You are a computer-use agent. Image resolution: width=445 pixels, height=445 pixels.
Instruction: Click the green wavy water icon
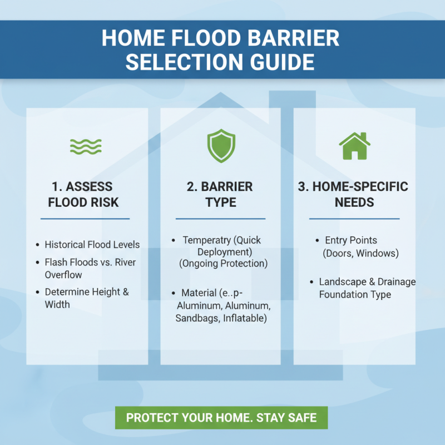pos(86,146)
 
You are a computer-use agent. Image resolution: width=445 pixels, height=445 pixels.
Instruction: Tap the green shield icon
pos(221,146)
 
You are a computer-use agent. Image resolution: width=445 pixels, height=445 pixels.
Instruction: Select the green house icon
pos(354,146)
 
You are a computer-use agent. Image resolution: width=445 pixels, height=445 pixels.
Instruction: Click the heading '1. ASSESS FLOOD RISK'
pos(83,194)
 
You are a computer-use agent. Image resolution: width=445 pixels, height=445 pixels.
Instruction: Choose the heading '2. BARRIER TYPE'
pos(220,194)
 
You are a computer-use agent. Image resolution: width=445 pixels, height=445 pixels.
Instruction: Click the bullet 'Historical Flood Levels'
pos(92,245)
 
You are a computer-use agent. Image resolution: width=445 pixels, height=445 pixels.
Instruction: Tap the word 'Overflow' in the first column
pos(63,275)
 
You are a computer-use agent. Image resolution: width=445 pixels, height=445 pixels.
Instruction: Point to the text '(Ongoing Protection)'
pos(223,263)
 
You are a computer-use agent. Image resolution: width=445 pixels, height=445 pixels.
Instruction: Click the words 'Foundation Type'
pos(354,294)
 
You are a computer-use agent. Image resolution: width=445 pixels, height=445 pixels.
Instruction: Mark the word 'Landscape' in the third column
pos(341,282)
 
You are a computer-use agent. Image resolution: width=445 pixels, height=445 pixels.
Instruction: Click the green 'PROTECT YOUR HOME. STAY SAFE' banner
pos(221,418)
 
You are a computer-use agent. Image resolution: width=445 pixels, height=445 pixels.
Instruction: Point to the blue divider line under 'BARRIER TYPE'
pos(221,219)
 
